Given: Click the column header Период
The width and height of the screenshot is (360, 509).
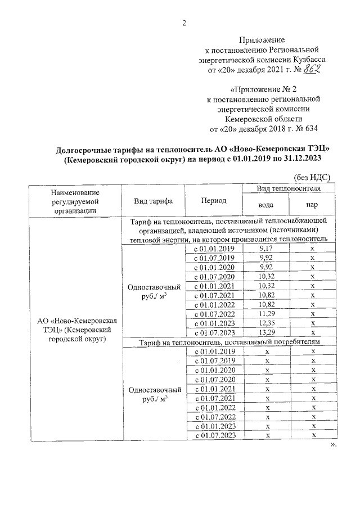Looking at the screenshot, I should (x=213, y=201).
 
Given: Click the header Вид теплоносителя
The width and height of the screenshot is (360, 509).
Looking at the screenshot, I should (x=289, y=187).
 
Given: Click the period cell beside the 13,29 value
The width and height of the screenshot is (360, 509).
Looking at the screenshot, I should (x=214, y=332).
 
